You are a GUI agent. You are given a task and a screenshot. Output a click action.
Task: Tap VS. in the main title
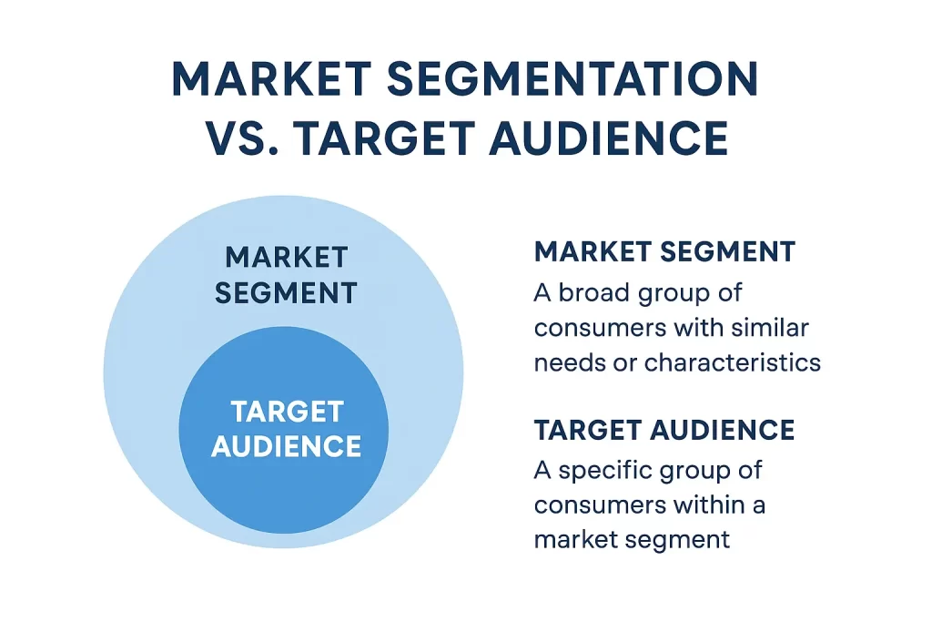click(236, 138)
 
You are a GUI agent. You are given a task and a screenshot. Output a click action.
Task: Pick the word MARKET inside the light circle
click(287, 258)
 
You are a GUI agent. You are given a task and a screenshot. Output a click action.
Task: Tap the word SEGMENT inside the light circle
click(287, 293)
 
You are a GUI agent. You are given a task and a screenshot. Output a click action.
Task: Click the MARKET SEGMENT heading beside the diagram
click(664, 252)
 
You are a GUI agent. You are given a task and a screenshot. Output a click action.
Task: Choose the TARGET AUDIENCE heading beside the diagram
click(664, 430)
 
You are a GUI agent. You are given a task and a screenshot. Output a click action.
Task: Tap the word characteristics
click(733, 362)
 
